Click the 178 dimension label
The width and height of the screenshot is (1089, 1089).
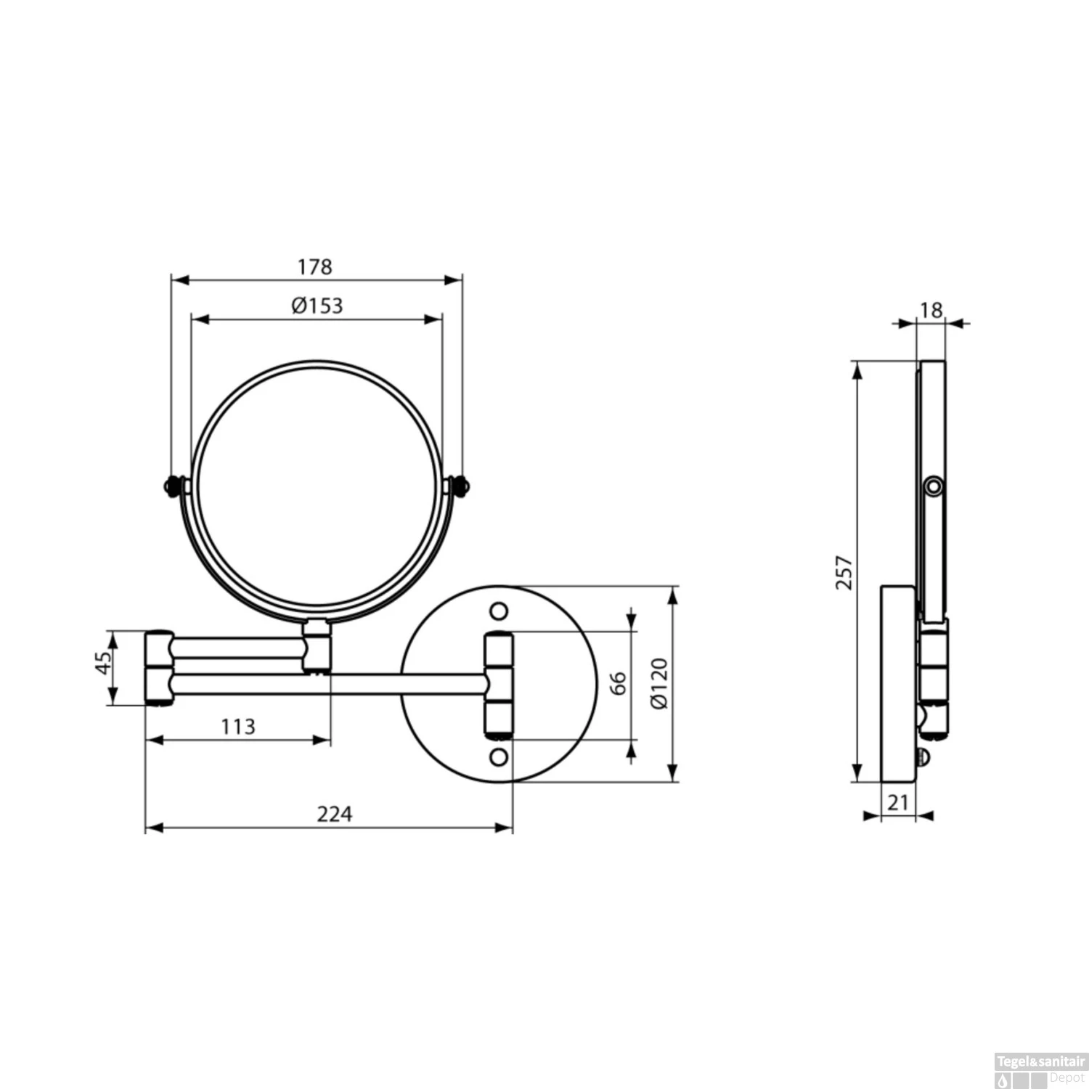click(x=314, y=267)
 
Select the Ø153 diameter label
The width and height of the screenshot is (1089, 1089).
click(x=317, y=306)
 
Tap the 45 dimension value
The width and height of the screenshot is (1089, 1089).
click(x=104, y=662)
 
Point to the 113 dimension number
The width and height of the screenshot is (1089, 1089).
click(x=238, y=727)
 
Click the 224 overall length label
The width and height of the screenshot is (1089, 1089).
click(x=335, y=815)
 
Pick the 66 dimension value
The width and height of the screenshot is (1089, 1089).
click(x=617, y=683)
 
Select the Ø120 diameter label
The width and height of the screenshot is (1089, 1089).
click(x=659, y=684)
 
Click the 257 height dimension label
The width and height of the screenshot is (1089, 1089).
click(x=844, y=572)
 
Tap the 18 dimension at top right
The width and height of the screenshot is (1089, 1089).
click(x=931, y=310)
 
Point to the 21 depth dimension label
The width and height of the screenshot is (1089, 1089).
click(x=898, y=803)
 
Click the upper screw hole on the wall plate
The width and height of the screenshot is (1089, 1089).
click(x=499, y=611)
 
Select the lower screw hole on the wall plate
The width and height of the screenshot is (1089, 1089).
click(x=499, y=757)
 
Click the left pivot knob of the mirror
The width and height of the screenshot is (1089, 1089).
click(x=172, y=486)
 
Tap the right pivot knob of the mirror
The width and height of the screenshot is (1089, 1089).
click(x=459, y=486)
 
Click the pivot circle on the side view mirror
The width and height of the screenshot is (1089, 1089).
click(x=934, y=486)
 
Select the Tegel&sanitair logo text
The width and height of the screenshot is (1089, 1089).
click(x=1040, y=1062)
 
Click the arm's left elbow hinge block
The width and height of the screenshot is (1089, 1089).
click(x=159, y=668)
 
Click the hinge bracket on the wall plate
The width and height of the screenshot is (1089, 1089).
click(x=499, y=684)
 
